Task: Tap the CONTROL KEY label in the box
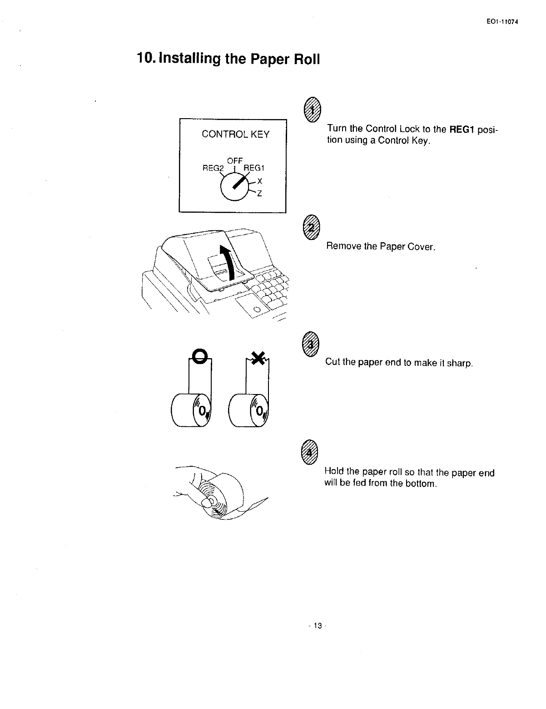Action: coord(235,134)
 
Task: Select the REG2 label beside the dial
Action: coord(213,168)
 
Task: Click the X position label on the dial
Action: coord(260,181)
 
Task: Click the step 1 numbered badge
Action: coord(312,110)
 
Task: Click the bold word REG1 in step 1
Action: coord(462,130)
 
